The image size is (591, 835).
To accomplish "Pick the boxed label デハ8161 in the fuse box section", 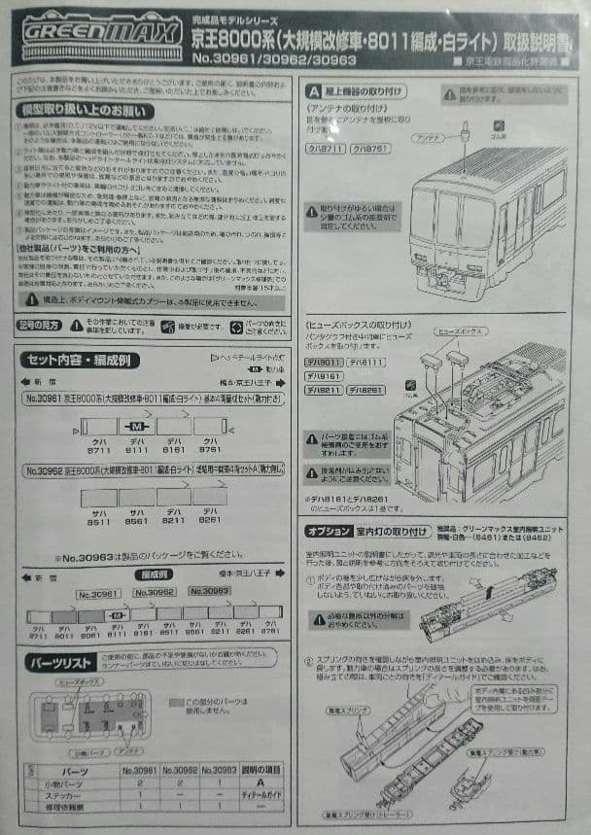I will tap(324, 375).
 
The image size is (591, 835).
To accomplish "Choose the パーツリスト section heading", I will tap(62, 662).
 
